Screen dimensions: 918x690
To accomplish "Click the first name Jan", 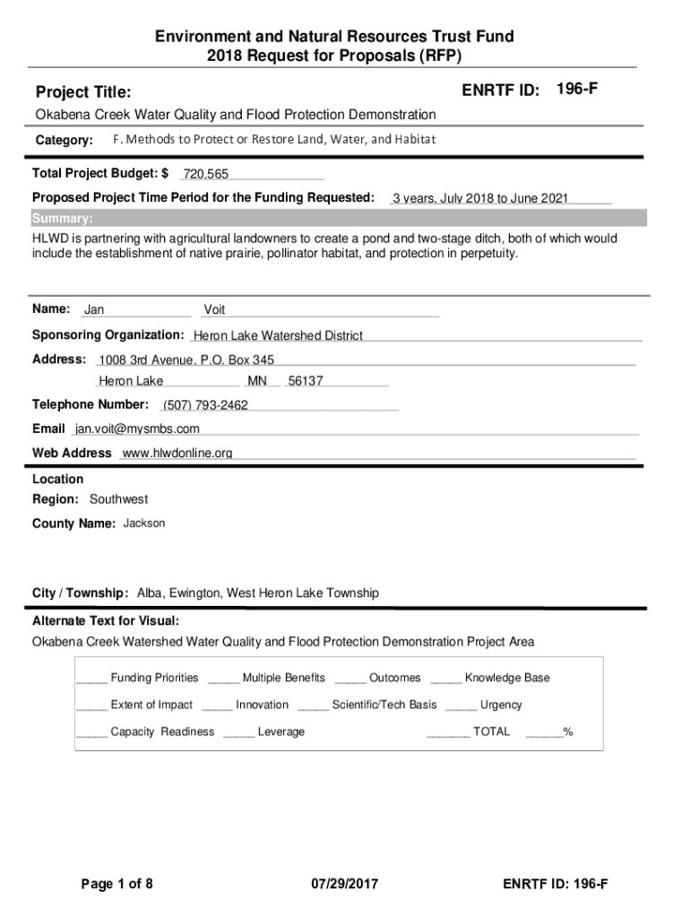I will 94,310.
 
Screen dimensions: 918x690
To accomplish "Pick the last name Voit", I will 215,310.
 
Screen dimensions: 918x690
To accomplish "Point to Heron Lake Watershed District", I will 278,336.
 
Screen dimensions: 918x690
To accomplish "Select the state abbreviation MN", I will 257,382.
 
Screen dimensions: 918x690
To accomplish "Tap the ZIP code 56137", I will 306,382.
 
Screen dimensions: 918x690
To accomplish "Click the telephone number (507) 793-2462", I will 205,406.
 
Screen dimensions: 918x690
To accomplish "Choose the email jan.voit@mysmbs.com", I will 137,429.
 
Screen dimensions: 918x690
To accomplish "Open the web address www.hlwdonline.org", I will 177,454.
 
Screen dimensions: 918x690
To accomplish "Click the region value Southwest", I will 118,499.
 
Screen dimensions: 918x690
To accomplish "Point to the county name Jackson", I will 144,524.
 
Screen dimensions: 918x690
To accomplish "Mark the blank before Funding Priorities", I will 91,679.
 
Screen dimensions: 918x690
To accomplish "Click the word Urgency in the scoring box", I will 501,706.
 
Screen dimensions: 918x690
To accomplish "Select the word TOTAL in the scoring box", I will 491,732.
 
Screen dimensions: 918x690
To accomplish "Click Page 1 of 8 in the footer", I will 117,885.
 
